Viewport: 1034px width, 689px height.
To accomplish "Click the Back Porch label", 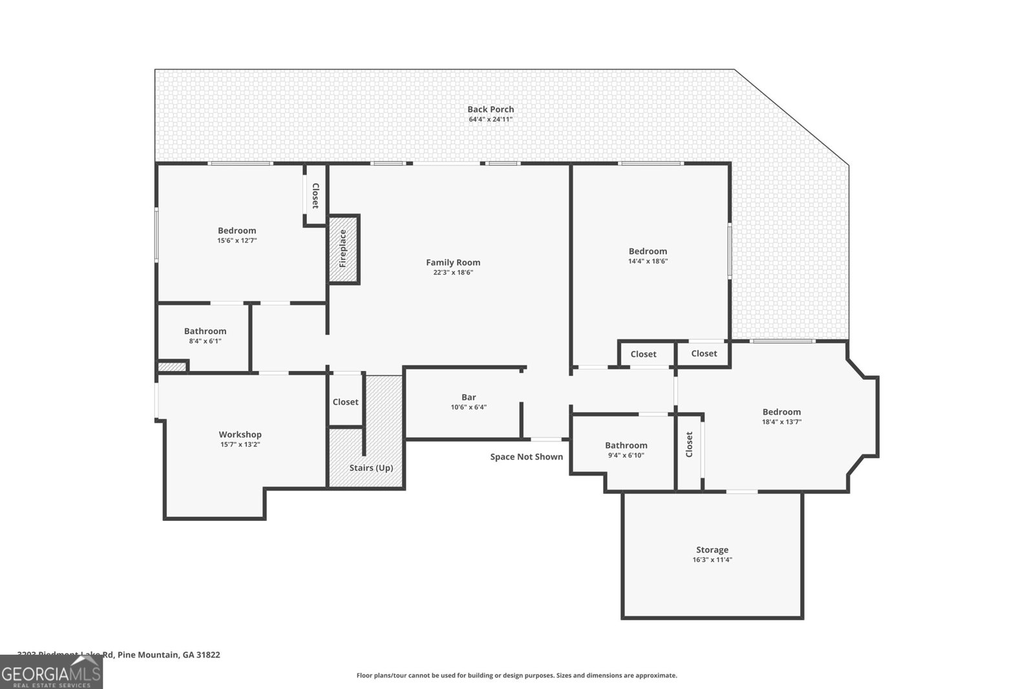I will coord(491,109).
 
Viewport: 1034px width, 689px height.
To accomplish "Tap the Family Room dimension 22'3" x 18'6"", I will coord(453,273).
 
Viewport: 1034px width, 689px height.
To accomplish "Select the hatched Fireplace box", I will coord(344,249).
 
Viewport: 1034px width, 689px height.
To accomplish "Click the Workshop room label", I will coord(240,434).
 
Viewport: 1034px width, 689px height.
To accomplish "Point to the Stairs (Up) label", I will coord(371,468).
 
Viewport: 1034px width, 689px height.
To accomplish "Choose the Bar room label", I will coord(469,397).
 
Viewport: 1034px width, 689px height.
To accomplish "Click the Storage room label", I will coord(712,550).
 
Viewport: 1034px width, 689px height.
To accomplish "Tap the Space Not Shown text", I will coord(526,457).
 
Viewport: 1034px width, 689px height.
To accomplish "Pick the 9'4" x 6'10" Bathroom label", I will coord(626,445).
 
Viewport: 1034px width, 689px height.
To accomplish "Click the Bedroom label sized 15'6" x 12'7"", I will coord(237,231).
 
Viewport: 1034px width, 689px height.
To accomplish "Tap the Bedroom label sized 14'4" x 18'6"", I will coord(648,251).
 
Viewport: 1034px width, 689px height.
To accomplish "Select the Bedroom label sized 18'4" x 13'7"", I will coord(781,412).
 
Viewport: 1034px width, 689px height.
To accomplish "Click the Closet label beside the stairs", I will coord(345,402).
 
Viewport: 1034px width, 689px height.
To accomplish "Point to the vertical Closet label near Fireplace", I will coord(315,196).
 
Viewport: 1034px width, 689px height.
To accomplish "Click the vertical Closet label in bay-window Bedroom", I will coord(689,445).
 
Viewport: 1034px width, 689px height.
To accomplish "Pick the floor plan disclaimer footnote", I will coord(516,675).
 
